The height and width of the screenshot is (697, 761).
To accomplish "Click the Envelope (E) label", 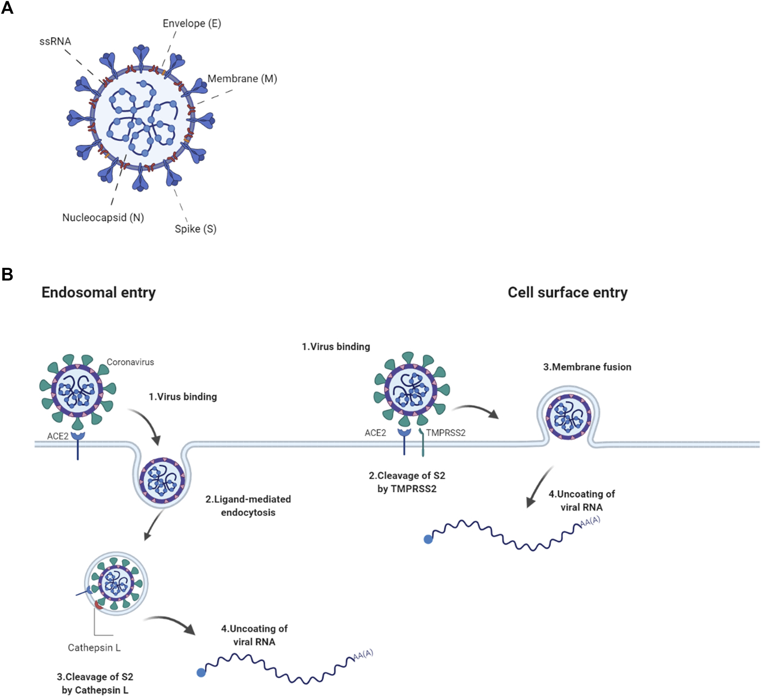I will [192, 24].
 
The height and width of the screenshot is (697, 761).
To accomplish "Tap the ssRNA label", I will [55, 42].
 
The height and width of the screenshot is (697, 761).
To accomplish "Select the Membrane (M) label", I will [242, 79].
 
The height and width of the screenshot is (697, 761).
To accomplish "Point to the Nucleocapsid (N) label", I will [103, 218].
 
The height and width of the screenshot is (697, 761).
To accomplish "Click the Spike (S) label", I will [195, 229].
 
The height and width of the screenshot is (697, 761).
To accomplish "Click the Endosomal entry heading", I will [98, 292].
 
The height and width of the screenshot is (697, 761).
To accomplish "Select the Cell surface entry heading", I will [567, 292].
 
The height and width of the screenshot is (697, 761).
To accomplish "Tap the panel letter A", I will [7, 8].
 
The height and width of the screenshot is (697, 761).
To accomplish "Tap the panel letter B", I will [7, 274].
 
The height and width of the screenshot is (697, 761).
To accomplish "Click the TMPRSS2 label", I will [445, 433].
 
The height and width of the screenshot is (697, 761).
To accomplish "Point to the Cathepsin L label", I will [94, 648].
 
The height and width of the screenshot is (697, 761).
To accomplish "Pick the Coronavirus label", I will [130, 362].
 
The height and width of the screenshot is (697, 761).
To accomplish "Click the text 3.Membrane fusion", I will [587, 367].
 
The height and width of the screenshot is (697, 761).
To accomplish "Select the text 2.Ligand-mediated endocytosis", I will [248, 506].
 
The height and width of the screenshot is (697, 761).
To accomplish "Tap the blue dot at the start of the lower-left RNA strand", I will [201, 673].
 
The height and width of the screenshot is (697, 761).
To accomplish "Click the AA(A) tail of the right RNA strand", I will [590, 521].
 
